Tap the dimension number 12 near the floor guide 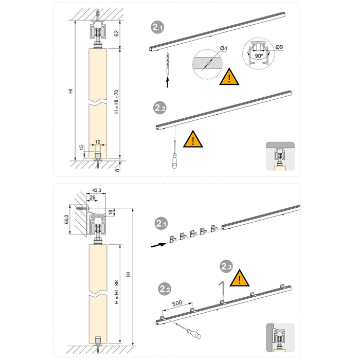(98, 141)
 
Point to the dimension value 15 (81, 149)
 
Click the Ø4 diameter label (223, 48)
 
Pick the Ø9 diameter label (279, 47)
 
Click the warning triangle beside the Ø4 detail (228, 78)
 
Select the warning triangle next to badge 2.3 (239, 279)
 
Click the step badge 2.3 (226, 266)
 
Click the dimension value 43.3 (97, 190)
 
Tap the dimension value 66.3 (66, 220)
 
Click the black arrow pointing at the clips (159, 246)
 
